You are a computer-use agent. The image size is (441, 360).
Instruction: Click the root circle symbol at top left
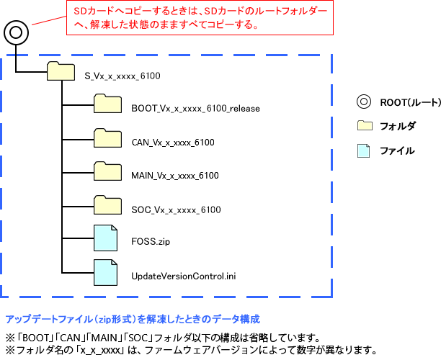coord(16,32)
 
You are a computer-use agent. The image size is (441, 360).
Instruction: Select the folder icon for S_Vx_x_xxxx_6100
coord(61,71)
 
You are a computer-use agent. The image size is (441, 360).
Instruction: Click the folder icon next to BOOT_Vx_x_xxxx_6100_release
coord(107,105)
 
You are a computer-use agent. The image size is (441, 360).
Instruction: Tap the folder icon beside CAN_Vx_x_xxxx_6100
coord(107,139)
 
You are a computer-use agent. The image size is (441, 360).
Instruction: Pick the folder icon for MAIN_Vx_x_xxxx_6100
coord(107,172)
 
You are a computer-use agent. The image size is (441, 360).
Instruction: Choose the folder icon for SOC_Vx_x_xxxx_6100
coord(107,206)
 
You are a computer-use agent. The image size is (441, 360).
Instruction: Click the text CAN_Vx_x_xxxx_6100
coord(173,143)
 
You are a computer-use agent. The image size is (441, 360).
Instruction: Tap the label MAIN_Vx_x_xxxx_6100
coord(175,176)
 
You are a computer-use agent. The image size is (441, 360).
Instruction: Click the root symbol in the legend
coord(365,102)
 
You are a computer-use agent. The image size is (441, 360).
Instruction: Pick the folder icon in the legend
coord(365,126)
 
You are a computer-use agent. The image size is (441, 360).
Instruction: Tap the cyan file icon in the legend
coord(365,150)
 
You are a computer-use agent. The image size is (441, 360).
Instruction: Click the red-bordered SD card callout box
coord(200,19)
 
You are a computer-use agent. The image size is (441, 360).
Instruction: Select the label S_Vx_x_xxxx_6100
coord(122,76)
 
